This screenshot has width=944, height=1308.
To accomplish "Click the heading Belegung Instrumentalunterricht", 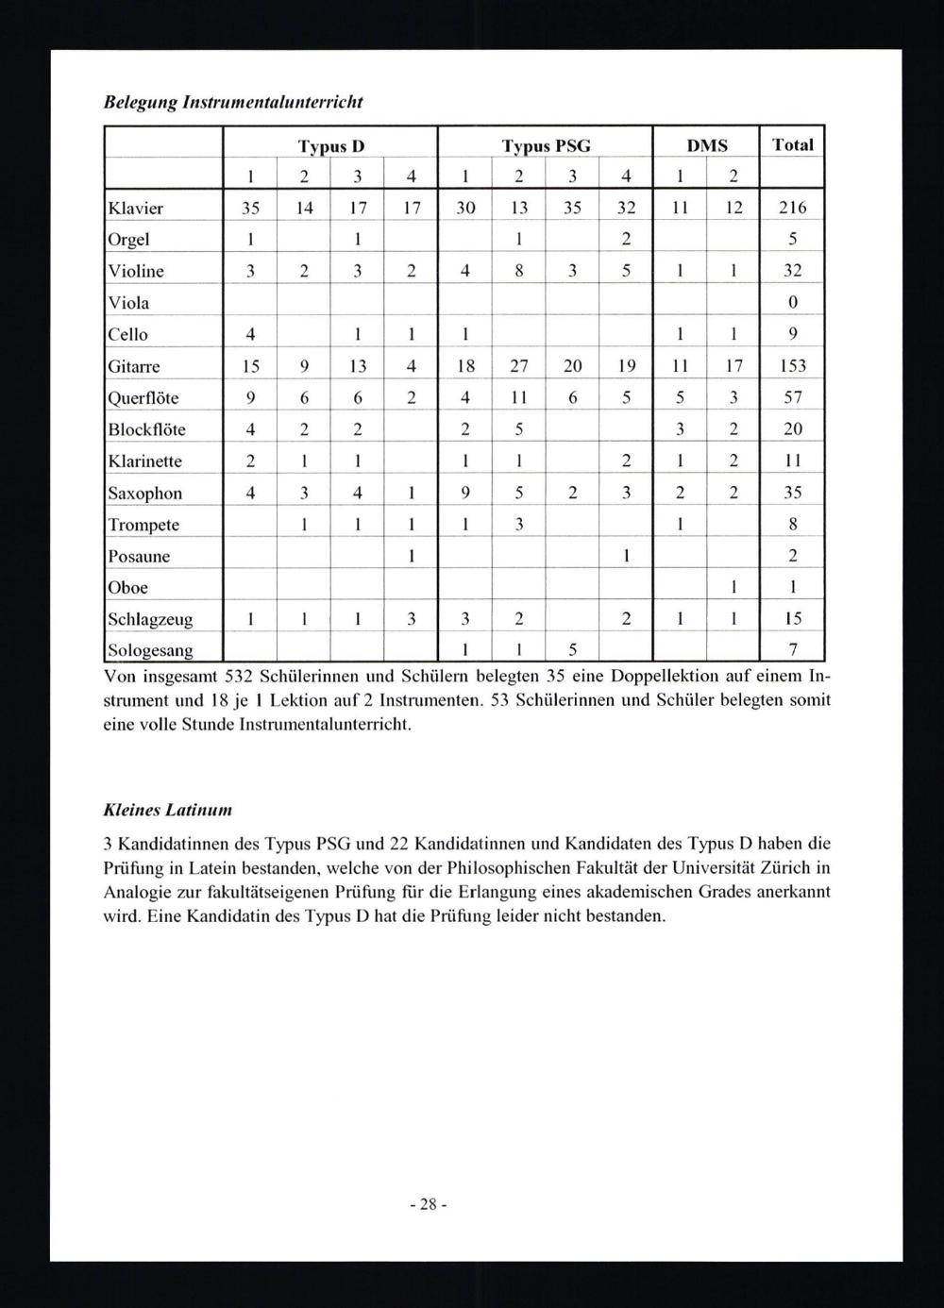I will (x=232, y=102).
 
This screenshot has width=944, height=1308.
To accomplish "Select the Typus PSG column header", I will (x=546, y=145).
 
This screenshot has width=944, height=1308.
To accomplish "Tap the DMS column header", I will (x=706, y=144).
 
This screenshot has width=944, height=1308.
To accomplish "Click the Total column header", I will (x=792, y=144).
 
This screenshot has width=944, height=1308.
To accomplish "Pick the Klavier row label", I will (x=136, y=208).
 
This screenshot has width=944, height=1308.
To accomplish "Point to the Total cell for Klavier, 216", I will (x=792, y=208).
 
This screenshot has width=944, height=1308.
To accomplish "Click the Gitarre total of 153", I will (x=792, y=366).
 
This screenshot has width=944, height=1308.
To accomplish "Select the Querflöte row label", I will (x=143, y=398).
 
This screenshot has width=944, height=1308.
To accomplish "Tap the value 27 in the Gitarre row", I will (x=519, y=366).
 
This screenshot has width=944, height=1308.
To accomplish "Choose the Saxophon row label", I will (x=145, y=494).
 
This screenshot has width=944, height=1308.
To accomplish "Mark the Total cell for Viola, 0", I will (x=793, y=303).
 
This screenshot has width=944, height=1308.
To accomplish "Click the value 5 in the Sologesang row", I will (x=572, y=650).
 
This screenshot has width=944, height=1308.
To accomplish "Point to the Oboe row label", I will (x=128, y=588).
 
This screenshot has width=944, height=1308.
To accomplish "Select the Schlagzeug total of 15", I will (x=793, y=619).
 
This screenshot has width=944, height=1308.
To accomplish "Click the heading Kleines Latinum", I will (x=167, y=810).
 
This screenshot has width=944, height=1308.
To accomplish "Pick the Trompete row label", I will (x=143, y=525).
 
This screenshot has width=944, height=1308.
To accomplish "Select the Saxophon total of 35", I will (x=793, y=493).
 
